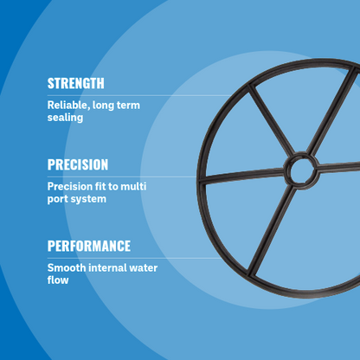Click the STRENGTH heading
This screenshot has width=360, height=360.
(75, 84)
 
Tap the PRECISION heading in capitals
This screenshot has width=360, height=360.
(78, 164)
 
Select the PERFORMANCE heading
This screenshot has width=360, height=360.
(88, 246)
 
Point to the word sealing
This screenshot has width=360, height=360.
(65, 117)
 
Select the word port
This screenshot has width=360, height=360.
(58, 198)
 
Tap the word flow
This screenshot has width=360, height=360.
(58, 280)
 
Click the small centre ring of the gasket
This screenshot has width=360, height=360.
(303, 170)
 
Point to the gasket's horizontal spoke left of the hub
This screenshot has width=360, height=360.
(247, 177)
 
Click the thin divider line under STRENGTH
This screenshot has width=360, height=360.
(130, 95)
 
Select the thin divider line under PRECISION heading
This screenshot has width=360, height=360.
(130, 177)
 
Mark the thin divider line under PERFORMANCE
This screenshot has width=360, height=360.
(130, 257)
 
